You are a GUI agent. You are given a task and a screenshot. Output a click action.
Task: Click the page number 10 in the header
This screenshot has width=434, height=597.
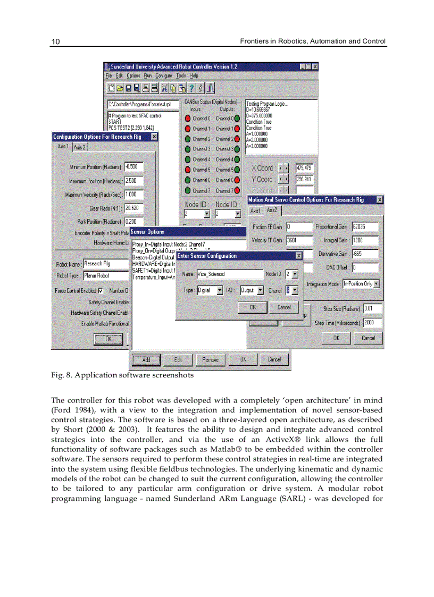[x=55, y=41]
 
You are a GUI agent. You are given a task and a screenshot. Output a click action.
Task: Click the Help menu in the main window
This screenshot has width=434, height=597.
[x=194, y=76]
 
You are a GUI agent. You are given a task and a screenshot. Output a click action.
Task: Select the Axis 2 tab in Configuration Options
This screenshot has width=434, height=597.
[x=80, y=147]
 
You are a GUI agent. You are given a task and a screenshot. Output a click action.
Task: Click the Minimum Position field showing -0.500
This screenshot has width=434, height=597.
[x=133, y=167]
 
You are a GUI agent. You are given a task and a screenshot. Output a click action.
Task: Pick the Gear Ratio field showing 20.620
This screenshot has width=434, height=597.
[x=133, y=208]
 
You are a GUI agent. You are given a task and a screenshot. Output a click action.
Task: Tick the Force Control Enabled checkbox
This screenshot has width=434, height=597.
[x=101, y=291]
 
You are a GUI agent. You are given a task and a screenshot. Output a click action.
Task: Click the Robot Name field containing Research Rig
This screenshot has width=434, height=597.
[x=106, y=264]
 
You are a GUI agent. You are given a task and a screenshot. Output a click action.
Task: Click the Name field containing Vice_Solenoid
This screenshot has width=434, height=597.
[x=229, y=274]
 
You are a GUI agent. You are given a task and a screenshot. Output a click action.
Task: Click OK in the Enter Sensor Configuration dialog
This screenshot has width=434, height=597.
[x=253, y=307]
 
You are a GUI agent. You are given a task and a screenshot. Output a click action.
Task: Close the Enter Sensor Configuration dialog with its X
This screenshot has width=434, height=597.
[x=299, y=256]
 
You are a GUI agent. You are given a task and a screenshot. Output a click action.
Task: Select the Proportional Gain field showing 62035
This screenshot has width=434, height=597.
[x=365, y=227]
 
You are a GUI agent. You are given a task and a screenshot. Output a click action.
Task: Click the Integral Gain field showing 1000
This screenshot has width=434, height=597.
[x=365, y=240]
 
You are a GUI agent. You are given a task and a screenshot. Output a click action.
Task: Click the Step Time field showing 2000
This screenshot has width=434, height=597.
[x=372, y=322]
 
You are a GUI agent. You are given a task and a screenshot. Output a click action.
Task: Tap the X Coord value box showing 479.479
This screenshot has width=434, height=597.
[x=304, y=168]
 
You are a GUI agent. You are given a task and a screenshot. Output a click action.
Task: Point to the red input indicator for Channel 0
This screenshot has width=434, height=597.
[x=188, y=119]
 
